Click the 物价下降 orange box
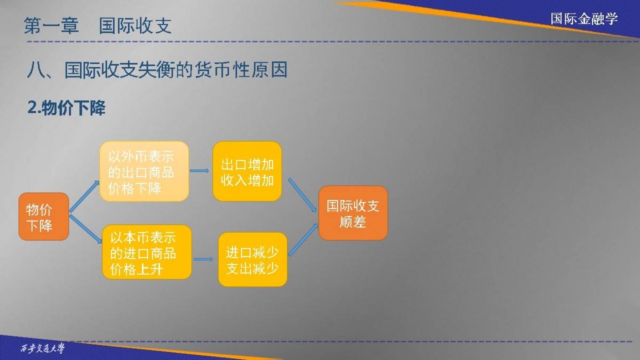(44, 217)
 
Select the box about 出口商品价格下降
(145, 171)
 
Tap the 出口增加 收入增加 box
(247, 171)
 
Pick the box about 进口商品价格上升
(147, 252)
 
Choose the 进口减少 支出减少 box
(253, 259)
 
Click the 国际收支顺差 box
(353, 213)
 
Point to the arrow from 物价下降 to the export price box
(84, 197)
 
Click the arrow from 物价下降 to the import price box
(86, 229)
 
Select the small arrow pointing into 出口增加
(199, 171)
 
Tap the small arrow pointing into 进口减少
(203, 259)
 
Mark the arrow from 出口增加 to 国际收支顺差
(302, 195)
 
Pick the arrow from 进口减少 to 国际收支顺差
(303, 239)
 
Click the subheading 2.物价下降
(66, 108)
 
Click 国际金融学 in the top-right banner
(585, 19)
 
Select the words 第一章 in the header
(51, 26)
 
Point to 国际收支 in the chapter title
(135, 26)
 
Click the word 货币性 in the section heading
(222, 70)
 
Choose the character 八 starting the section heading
(36, 70)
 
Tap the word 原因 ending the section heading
(269, 70)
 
